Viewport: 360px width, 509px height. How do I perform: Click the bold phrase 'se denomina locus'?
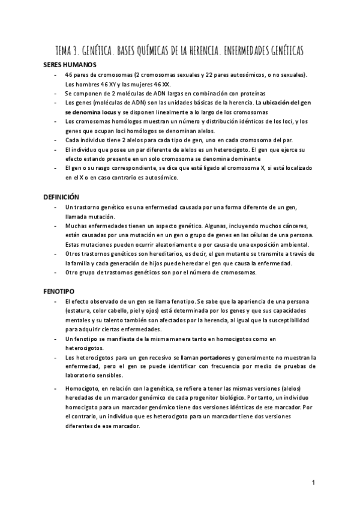[91, 112]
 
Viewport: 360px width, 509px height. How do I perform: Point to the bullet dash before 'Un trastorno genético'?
[56, 207]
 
